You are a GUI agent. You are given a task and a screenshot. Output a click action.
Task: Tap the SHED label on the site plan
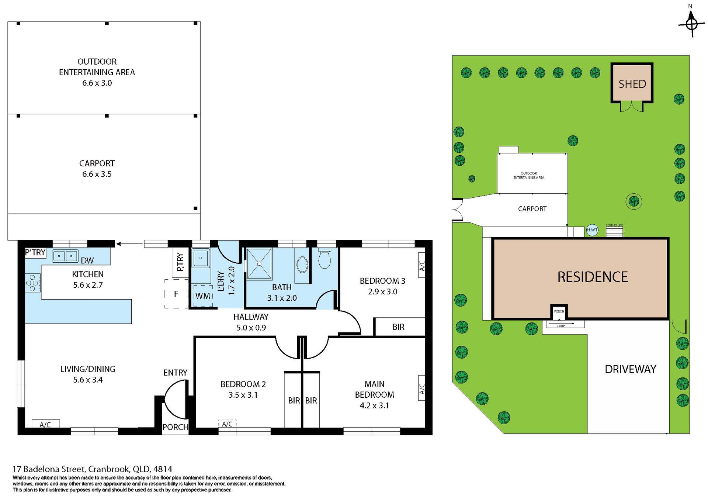pos(632,84)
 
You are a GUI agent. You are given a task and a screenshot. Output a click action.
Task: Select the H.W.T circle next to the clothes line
pos(592,230)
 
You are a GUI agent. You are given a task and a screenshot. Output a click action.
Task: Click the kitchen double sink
pos(65,256)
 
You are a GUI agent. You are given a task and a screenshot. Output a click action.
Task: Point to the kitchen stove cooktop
pos(33,283)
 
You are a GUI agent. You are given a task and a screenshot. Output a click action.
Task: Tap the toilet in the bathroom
pos(324,259)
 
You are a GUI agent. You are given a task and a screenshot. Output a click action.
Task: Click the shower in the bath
pos(259,263)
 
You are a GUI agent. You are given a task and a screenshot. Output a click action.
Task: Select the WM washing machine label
pos(203,296)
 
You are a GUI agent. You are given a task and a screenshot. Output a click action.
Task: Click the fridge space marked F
pos(176,294)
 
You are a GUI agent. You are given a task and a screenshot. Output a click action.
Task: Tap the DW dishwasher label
pos(87,260)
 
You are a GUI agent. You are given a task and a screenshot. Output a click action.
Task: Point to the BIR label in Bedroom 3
pos(398,327)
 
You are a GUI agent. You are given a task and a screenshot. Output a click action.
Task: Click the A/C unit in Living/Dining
pos(45,424)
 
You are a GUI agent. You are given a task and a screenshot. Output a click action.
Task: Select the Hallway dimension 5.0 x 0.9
pos(251,328)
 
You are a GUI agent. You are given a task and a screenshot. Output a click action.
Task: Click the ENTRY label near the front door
pos(175,373)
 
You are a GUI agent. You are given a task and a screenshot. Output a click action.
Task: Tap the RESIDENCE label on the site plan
pos(592,277)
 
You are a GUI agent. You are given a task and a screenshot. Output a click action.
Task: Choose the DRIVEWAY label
pos(631,369)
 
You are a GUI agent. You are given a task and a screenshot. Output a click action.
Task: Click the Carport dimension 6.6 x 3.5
pos(97,174)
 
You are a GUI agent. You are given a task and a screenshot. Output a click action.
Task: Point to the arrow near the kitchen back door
pos(129,243)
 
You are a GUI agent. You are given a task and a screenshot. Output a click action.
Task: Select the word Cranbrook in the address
pos(109,469)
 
